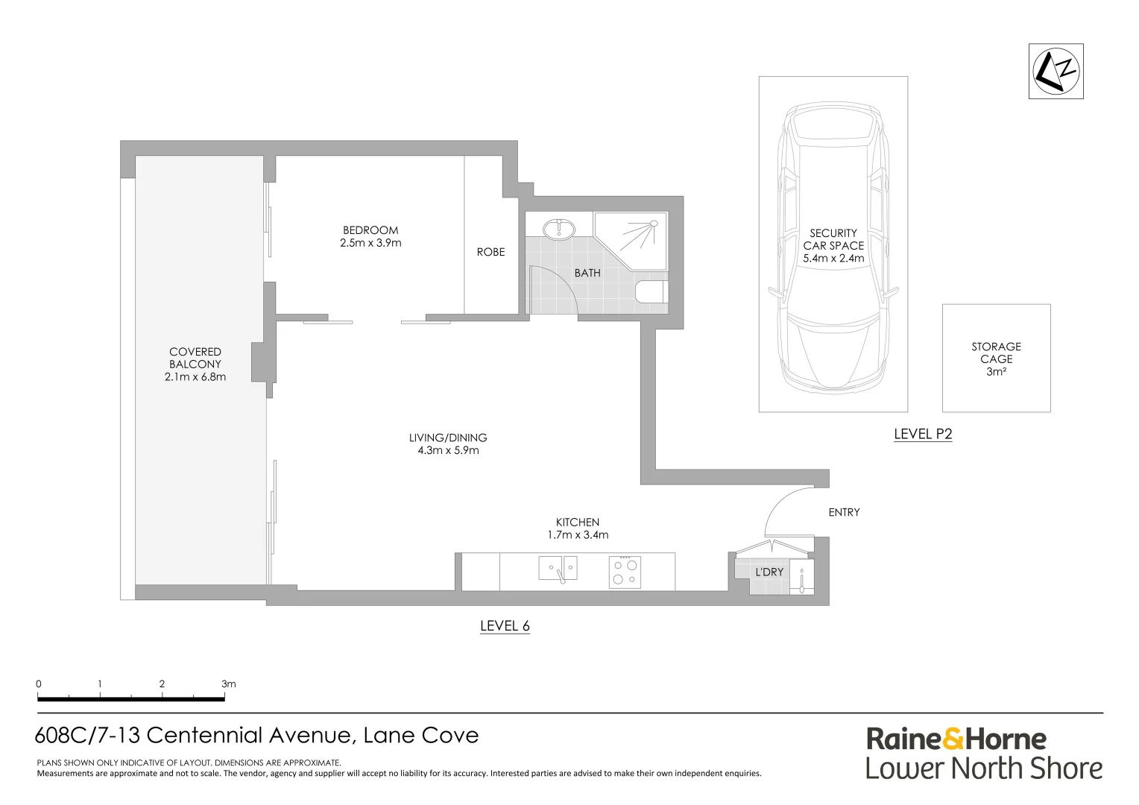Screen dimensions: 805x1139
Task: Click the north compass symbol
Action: coord(1056,71)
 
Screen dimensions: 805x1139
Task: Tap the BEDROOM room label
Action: coord(370,230)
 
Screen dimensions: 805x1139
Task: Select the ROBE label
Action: coord(490,252)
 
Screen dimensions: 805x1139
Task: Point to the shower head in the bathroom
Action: coord(653,223)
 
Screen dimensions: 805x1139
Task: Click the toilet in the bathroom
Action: coord(651,291)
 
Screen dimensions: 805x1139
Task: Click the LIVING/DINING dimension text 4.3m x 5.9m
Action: coord(448,450)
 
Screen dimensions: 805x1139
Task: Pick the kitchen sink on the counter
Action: coord(558,568)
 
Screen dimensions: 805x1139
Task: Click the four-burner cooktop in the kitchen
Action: coord(625,572)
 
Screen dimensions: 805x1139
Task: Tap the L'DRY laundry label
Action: coord(769,572)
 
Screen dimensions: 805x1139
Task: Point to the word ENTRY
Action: coord(844,512)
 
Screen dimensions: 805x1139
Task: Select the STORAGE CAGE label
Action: coord(996,353)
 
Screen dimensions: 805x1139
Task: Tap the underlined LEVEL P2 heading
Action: coord(923,434)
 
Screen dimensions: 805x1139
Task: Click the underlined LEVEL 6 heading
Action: coord(505,626)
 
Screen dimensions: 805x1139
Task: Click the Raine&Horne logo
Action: coord(956,739)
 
